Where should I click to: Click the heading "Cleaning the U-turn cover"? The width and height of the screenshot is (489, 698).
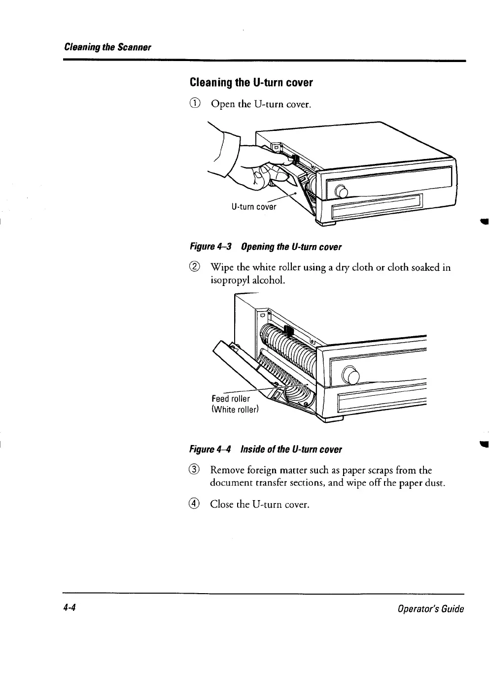click(x=251, y=83)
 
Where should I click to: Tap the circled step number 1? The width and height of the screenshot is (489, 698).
click(x=196, y=104)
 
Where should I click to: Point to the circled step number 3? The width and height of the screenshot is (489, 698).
click(x=196, y=471)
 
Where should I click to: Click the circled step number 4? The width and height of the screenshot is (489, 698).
click(x=196, y=504)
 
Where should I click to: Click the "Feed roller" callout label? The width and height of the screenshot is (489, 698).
click(x=230, y=398)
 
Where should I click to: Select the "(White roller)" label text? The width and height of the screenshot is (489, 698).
click(x=235, y=409)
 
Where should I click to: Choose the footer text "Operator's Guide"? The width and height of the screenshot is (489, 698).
click(x=432, y=609)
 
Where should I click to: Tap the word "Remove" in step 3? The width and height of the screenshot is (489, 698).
click(x=228, y=471)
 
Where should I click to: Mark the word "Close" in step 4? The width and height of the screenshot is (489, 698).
click(x=222, y=504)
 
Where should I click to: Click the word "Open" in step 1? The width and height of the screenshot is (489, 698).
click(x=223, y=104)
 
